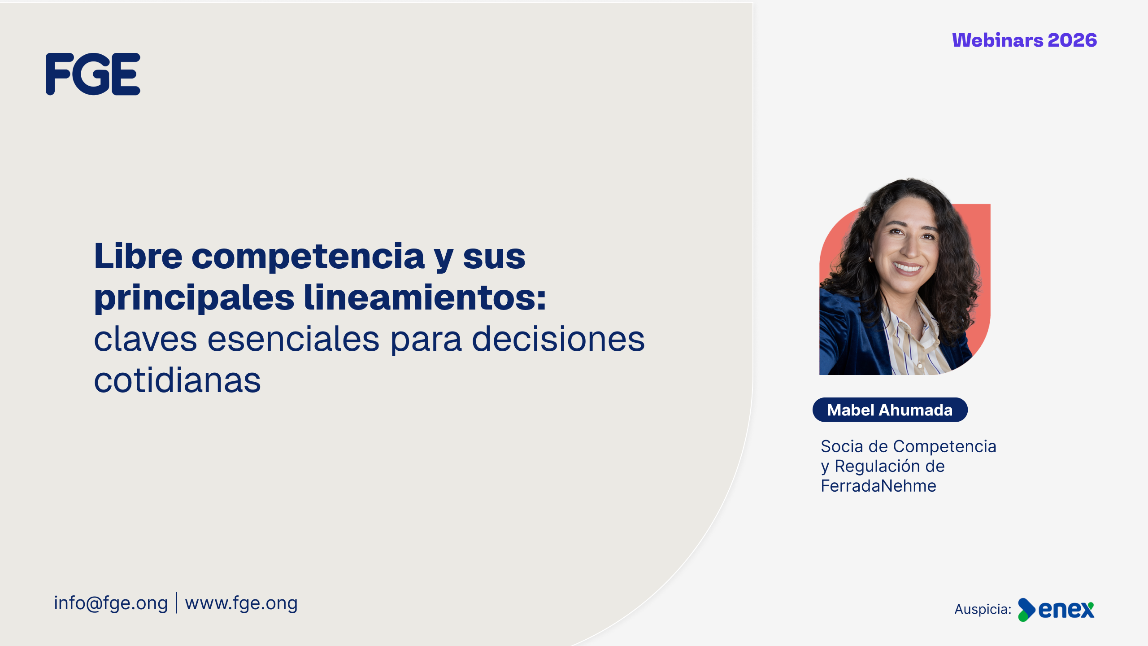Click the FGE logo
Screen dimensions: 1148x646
[x=93, y=74]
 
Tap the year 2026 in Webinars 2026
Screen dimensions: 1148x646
[x=1072, y=40]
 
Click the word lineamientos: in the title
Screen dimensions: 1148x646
[x=425, y=297]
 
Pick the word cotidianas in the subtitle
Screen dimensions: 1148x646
[x=177, y=380]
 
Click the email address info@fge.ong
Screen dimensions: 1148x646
[x=111, y=603]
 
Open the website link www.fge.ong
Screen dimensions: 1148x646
[x=241, y=603]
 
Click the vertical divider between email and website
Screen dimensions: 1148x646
[x=177, y=602]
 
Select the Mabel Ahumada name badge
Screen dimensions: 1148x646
[x=890, y=410]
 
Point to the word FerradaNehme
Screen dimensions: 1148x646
[x=878, y=486]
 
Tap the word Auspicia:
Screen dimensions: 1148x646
[x=983, y=609]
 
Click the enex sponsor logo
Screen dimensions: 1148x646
[x=1056, y=610]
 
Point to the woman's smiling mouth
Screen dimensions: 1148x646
[x=907, y=268]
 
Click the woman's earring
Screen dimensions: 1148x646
[x=870, y=260]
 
